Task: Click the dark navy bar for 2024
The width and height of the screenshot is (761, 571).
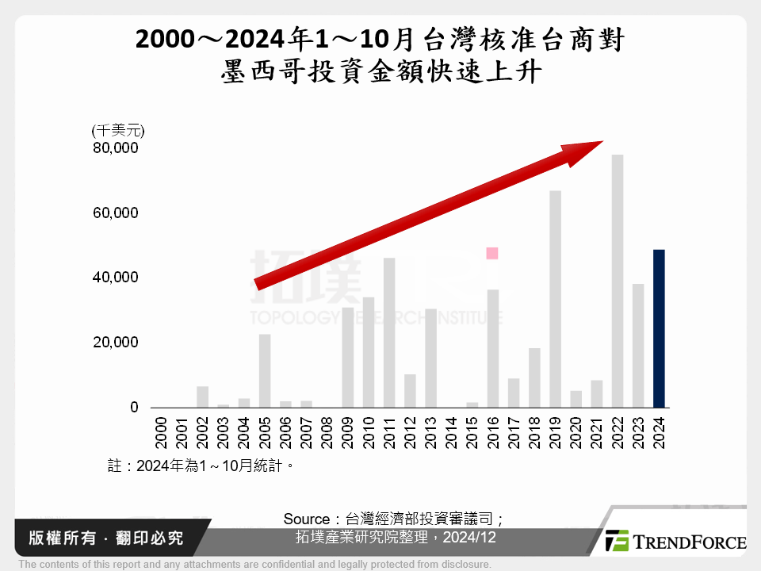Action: click(x=659, y=328)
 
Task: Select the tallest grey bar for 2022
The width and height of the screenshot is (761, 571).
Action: click(x=618, y=281)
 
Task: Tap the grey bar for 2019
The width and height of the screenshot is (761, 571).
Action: click(x=555, y=299)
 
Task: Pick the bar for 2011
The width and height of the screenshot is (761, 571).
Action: click(x=389, y=332)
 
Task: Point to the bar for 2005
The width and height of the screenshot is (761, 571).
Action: click(x=265, y=370)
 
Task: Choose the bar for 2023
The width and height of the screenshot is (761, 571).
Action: click(x=638, y=345)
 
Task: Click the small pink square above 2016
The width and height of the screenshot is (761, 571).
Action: click(x=492, y=253)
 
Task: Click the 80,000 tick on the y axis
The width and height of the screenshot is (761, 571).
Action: click(x=116, y=148)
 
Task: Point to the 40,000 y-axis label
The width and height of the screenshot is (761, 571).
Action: click(x=116, y=278)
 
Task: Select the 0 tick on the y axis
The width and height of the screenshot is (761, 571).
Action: click(x=134, y=408)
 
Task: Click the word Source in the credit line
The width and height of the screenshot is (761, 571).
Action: click(x=306, y=519)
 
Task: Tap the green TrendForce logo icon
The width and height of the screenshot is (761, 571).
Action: click(x=617, y=541)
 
